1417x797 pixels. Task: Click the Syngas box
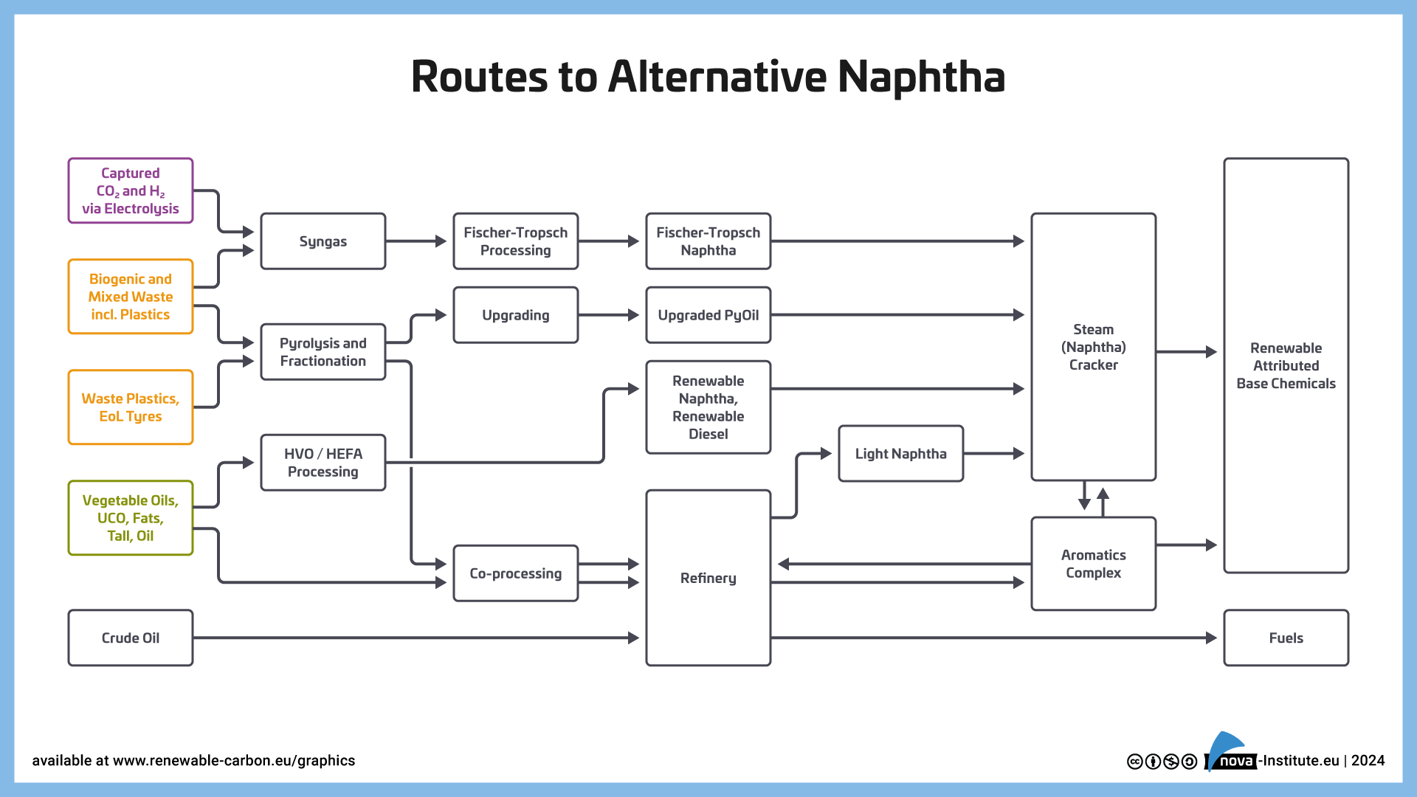(x=323, y=241)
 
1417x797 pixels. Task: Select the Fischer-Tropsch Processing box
(x=515, y=241)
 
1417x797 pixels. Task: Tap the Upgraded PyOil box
(x=708, y=315)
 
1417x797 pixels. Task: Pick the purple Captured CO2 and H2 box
(x=131, y=190)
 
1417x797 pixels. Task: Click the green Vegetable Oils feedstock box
(x=131, y=517)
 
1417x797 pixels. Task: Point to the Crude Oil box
(x=131, y=638)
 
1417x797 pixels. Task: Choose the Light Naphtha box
(x=900, y=453)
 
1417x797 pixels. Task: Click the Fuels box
(x=1286, y=638)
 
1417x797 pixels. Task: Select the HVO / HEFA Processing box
(x=323, y=463)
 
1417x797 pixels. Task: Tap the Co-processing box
(x=515, y=573)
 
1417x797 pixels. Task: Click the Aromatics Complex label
(x=1093, y=564)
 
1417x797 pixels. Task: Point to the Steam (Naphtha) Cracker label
(x=1093, y=347)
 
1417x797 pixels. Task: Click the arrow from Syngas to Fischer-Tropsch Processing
(x=417, y=241)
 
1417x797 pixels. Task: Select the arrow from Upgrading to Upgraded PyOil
(x=610, y=315)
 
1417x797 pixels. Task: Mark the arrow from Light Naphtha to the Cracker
(x=995, y=453)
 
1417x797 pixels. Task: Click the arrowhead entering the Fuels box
(x=1211, y=638)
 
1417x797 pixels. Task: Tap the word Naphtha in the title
(x=921, y=77)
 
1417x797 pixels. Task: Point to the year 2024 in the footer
(x=1368, y=761)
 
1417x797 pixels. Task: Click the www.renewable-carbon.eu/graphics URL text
(x=234, y=761)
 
